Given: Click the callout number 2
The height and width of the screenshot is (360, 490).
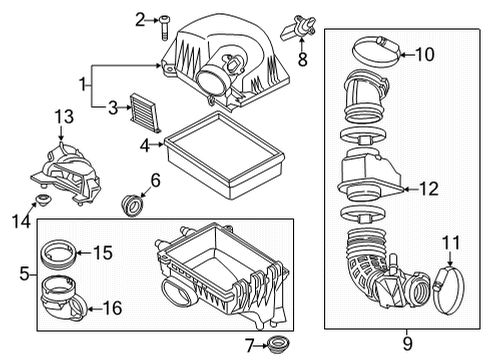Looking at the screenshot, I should click(x=141, y=18).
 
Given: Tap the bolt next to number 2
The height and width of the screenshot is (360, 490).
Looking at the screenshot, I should click(x=162, y=20).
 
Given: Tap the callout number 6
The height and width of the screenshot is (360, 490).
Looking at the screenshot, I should click(x=155, y=180).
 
